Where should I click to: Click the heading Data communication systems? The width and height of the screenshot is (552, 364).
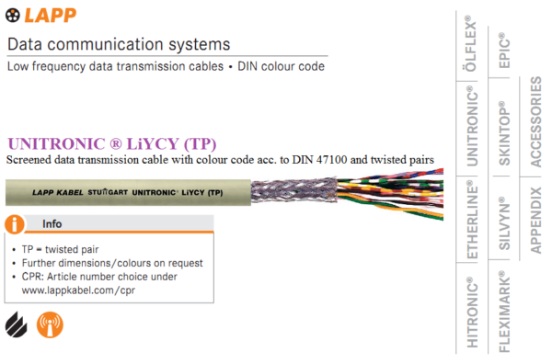click(x=118, y=45)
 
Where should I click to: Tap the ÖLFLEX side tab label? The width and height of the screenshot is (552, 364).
click(x=471, y=45)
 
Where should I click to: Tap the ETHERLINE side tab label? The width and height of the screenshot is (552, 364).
click(x=471, y=222)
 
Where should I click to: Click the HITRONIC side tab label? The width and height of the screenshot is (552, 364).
click(x=471, y=313)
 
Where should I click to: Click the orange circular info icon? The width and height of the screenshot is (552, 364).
click(x=16, y=223)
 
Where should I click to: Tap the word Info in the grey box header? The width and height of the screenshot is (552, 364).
click(x=53, y=224)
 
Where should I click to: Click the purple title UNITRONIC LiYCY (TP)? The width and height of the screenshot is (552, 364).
click(x=110, y=144)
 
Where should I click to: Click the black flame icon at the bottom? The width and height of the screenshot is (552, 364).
click(x=16, y=324)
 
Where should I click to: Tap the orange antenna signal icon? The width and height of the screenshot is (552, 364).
click(x=50, y=324)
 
